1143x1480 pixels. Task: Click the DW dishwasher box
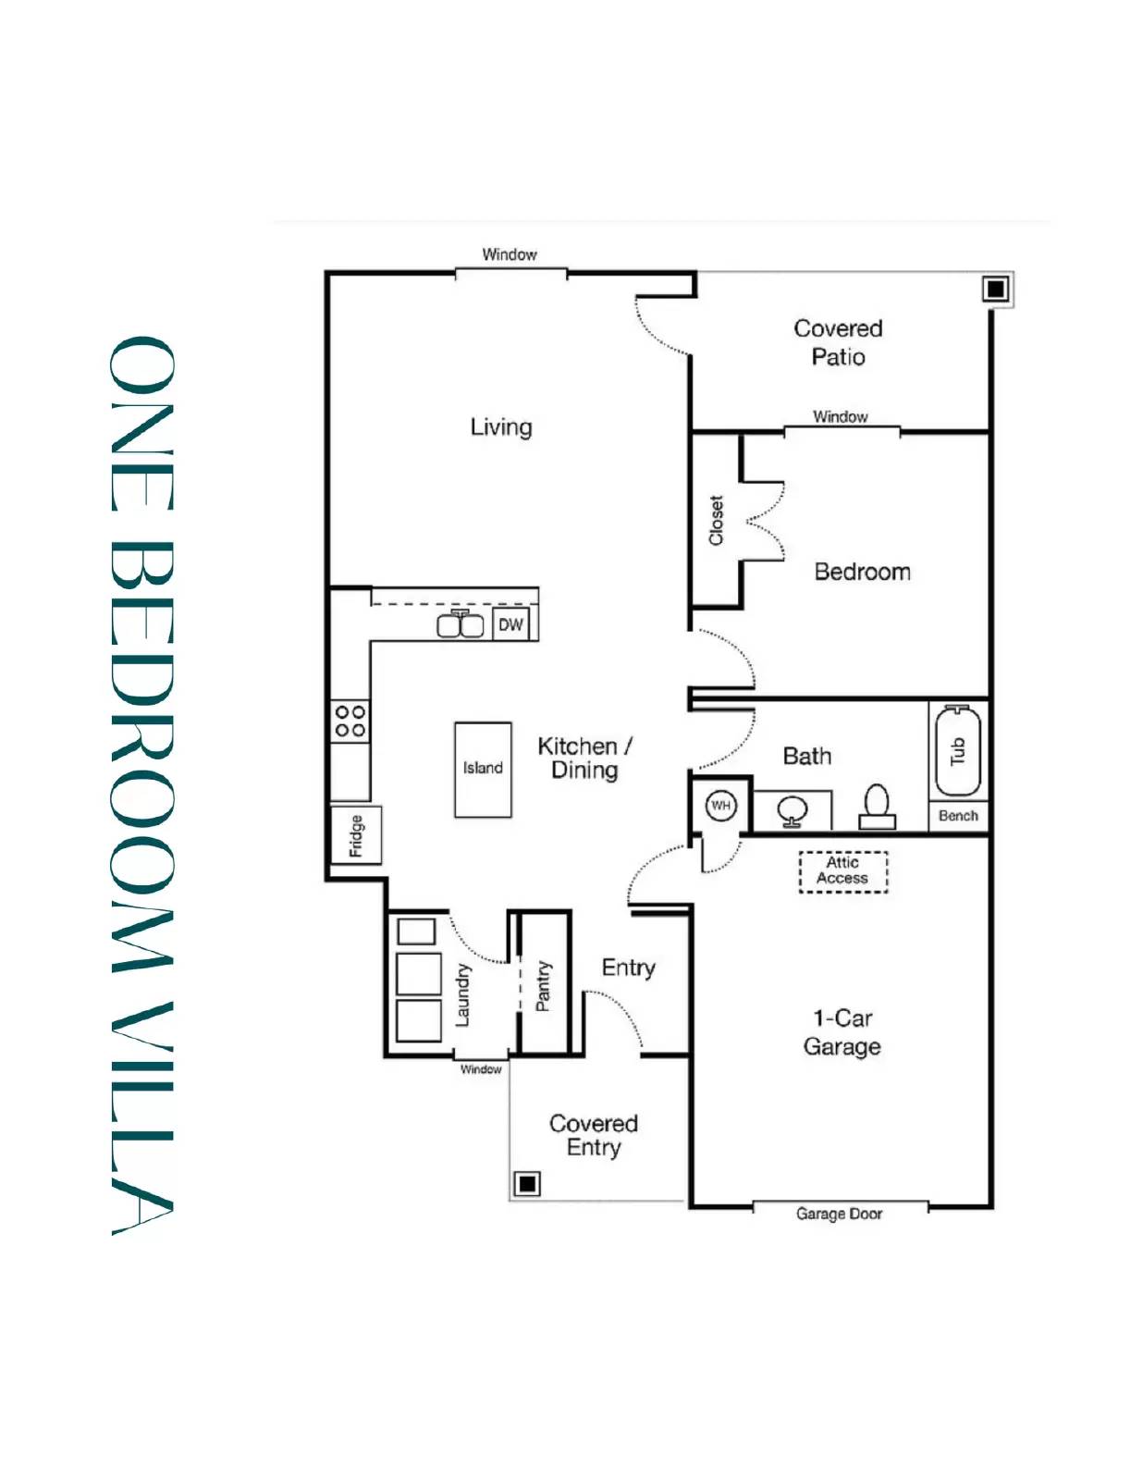click(x=510, y=624)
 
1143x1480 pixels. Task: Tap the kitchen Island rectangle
click(x=483, y=769)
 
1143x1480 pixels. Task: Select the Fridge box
click(x=356, y=835)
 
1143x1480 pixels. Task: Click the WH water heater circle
click(x=720, y=806)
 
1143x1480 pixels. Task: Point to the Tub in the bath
click(x=958, y=751)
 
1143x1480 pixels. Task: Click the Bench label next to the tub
click(x=958, y=816)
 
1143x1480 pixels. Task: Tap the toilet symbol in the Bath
click(x=877, y=807)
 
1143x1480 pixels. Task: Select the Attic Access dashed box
click(x=842, y=871)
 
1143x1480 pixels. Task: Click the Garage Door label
click(x=839, y=1214)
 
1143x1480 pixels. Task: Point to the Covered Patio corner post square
click(x=995, y=290)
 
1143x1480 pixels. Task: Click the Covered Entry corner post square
click(x=527, y=1183)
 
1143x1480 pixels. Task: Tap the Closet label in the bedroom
click(x=716, y=521)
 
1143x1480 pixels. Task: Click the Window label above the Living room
click(x=509, y=254)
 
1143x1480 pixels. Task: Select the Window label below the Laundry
click(x=481, y=1069)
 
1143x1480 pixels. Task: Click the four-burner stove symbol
click(x=350, y=721)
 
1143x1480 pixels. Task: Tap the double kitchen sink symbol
click(x=461, y=625)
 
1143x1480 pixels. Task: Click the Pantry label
click(x=543, y=986)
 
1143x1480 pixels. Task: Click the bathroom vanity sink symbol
click(x=793, y=811)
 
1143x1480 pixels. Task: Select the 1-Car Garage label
click(x=842, y=1032)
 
